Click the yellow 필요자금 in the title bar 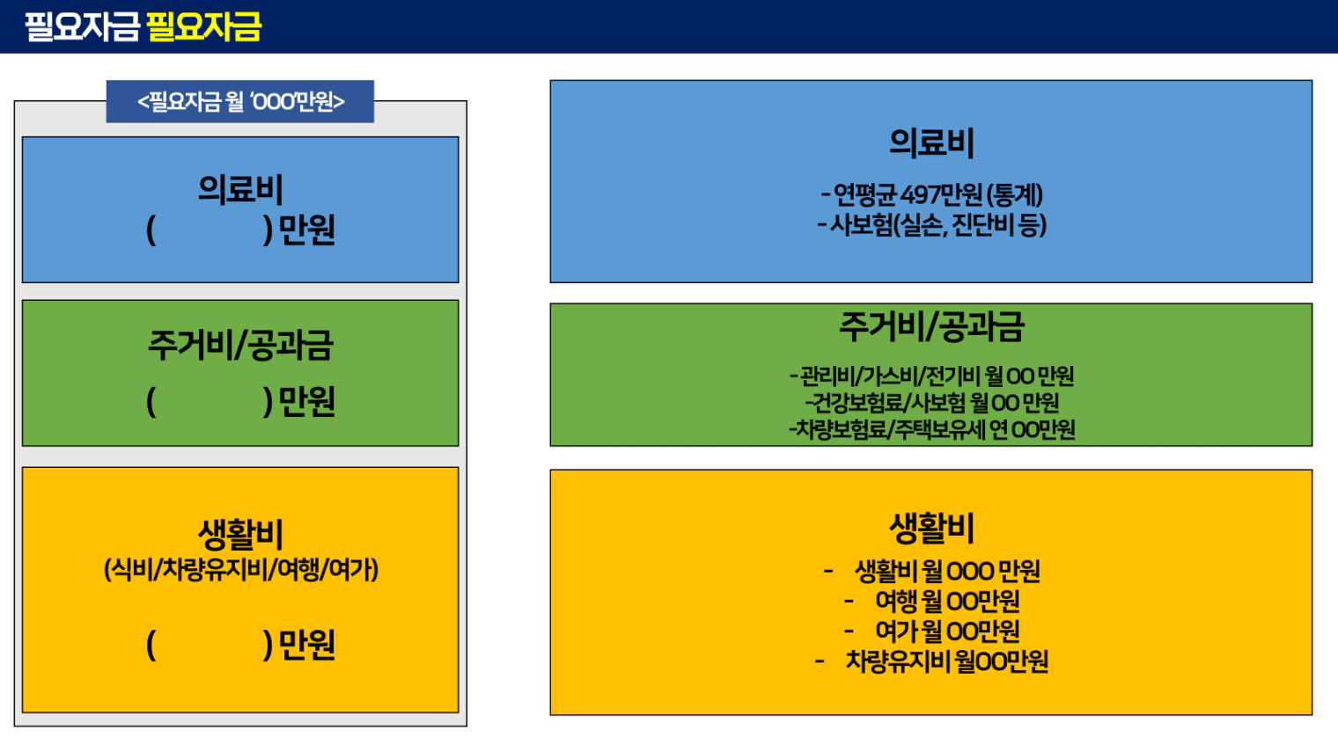click(203, 27)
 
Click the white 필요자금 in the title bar click(82, 27)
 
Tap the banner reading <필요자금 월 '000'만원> click(240, 101)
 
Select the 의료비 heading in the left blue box click(240, 190)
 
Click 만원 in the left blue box click(306, 230)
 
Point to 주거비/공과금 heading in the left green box click(240, 345)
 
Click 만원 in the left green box click(306, 401)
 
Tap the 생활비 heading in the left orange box click(240, 534)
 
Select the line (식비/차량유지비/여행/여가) click(240, 569)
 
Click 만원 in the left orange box click(306, 645)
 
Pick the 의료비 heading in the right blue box click(931, 143)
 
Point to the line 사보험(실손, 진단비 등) click(937, 225)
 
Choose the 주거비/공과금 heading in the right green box click(931, 327)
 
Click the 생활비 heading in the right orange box click(931, 529)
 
